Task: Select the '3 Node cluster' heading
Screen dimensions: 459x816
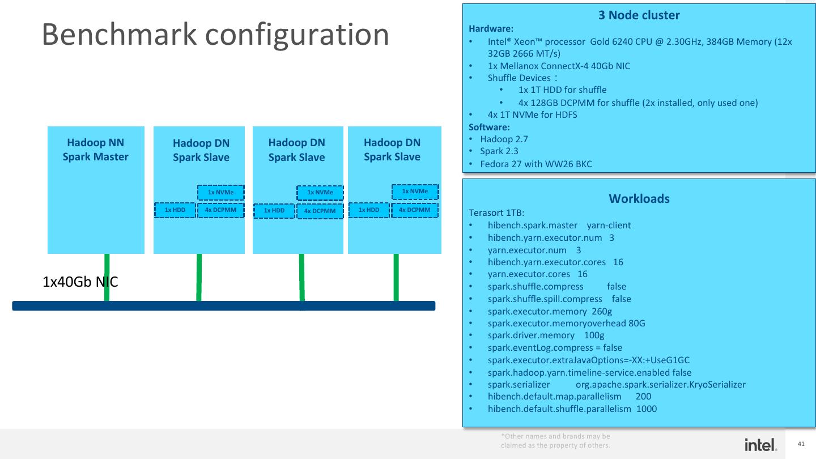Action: pyautogui.click(x=639, y=15)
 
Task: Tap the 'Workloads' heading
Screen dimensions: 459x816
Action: pyautogui.click(x=639, y=199)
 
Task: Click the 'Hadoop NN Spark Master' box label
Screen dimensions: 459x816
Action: pyautogui.click(x=96, y=150)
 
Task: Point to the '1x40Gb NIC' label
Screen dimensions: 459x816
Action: pyautogui.click(x=80, y=282)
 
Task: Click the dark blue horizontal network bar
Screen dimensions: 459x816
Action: pyautogui.click(x=223, y=306)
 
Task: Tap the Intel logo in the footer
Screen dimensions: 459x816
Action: pyautogui.click(x=760, y=445)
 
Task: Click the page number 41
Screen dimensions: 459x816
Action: pyautogui.click(x=801, y=444)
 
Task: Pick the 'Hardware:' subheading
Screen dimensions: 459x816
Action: pyautogui.click(x=491, y=28)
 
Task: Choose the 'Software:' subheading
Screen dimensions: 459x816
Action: pyautogui.click(x=490, y=127)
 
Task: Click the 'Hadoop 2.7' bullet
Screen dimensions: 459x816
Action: pyautogui.click(x=504, y=139)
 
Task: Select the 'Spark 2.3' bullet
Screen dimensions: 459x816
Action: pyautogui.click(x=499, y=151)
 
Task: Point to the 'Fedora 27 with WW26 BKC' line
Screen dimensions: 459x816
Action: pyautogui.click(x=535, y=164)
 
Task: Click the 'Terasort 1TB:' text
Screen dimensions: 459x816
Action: pyautogui.click(x=496, y=213)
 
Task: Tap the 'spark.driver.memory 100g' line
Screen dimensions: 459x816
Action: pyautogui.click(x=546, y=335)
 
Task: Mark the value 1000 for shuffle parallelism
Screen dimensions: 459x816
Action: pyautogui.click(x=647, y=409)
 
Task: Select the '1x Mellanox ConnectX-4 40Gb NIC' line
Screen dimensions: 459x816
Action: pyautogui.click(x=558, y=66)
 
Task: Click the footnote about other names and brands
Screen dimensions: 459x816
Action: pyautogui.click(x=555, y=441)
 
